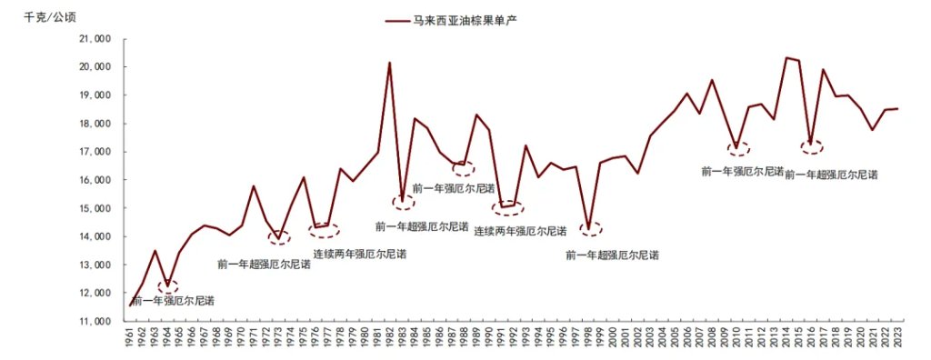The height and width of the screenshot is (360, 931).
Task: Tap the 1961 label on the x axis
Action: [x=130, y=340]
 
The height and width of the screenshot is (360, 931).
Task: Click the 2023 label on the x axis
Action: [x=896, y=340]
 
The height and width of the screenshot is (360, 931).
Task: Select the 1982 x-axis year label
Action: [x=390, y=340]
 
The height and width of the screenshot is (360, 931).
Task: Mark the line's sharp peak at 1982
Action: [x=390, y=63]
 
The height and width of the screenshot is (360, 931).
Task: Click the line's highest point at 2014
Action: [x=786, y=58]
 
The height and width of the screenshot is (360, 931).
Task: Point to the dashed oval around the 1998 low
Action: [x=590, y=229]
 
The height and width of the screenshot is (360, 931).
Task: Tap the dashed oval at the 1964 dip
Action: [x=168, y=287]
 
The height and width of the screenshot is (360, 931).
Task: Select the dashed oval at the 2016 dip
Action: [x=811, y=145]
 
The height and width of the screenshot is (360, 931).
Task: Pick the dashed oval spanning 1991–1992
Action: [x=508, y=209]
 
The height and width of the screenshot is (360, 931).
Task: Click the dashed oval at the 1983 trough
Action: [x=403, y=203]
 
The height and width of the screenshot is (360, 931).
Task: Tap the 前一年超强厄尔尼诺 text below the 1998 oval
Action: [x=611, y=256]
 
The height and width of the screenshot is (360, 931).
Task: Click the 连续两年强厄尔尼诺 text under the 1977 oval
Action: [x=359, y=254]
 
